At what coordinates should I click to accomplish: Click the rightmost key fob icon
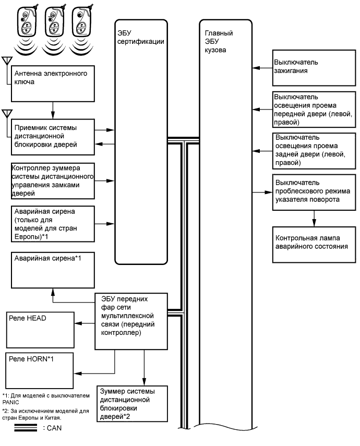pos(81,26)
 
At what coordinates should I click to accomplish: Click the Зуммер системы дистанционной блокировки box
pos(131,405)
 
